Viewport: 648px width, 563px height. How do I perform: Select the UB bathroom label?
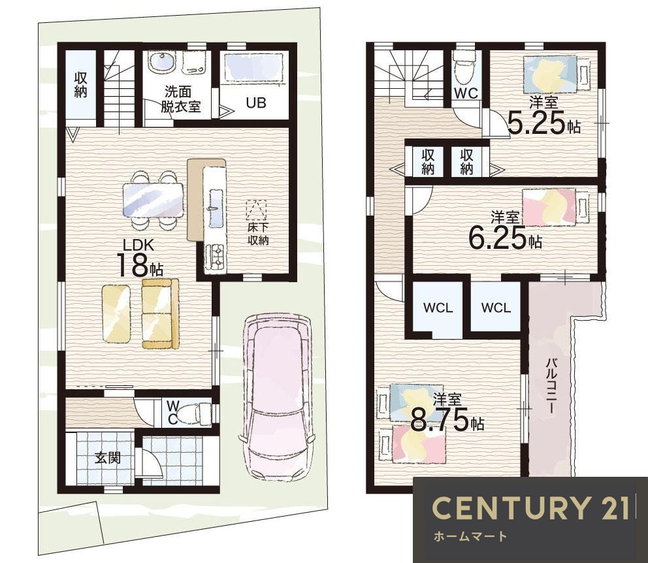pos(256,103)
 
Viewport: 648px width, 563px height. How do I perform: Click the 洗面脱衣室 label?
pos(180,99)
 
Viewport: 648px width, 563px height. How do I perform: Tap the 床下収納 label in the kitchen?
pos(258,234)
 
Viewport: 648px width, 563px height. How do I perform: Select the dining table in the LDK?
pos(153,200)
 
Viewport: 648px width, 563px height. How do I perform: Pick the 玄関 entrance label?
pos(107,458)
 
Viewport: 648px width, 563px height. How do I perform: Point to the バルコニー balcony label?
pos(550,385)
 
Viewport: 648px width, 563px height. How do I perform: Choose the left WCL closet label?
pos(438,308)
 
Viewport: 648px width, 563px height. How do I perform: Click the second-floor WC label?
pos(466,93)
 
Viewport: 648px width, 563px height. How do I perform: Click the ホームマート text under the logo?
pos(470,537)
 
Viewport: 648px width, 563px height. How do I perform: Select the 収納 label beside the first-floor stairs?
pos(80,85)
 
